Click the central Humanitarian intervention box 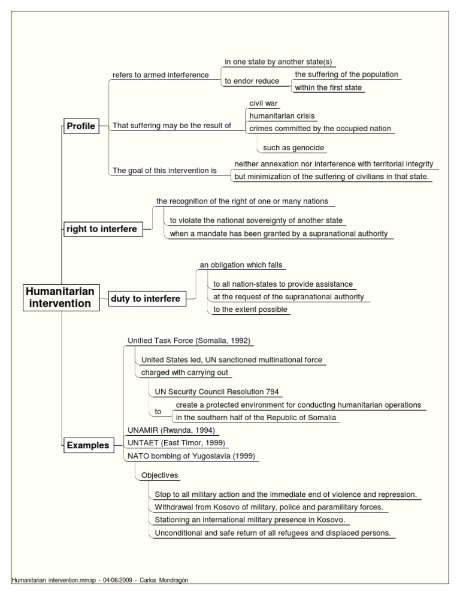click(x=60, y=297)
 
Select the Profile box click(x=81, y=126)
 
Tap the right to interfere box click(x=102, y=229)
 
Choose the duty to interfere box click(x=145, y=299)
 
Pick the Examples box click(x=88, y=445)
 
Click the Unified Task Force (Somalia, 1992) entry click(x=189, y=341)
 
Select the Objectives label click(x=159, y=475)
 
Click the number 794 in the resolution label click(x=273, y=392)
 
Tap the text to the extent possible click(x=250, y=309)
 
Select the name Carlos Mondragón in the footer click(x=171, y=581)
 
